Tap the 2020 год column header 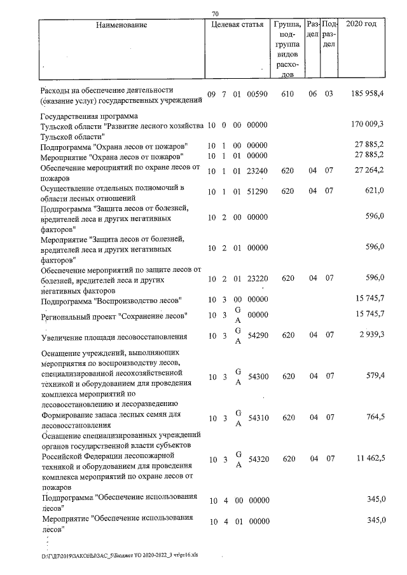(361, 25)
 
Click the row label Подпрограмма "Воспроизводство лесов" (112, 299)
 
